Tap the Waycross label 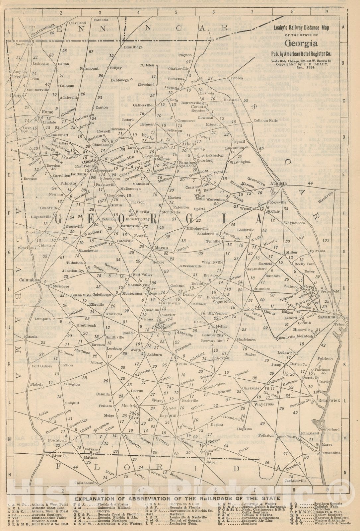[x=264, y=404]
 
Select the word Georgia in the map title [x=301, y=43]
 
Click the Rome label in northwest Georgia [x=48, y=112]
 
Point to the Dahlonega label [x=120, y=80]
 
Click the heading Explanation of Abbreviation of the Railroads [x=177, y=498]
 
